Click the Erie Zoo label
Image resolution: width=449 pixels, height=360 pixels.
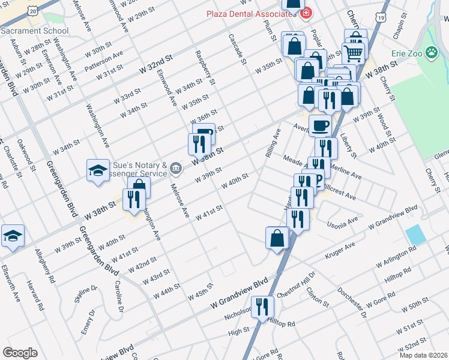point(408,53)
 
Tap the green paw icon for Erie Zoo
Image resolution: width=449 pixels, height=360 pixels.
point(432,53)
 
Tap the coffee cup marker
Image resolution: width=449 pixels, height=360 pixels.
point(319,125)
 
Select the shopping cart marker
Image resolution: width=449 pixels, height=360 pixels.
point(353,53)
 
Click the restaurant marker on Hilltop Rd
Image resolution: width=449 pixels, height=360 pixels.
point(262,307)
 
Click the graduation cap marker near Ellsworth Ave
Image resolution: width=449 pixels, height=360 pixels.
point(12,236)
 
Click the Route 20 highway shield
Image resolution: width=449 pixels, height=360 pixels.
point(32,10)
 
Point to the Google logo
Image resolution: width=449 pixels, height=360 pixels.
point(20,353)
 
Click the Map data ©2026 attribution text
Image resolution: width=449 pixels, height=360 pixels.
point(423,355)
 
